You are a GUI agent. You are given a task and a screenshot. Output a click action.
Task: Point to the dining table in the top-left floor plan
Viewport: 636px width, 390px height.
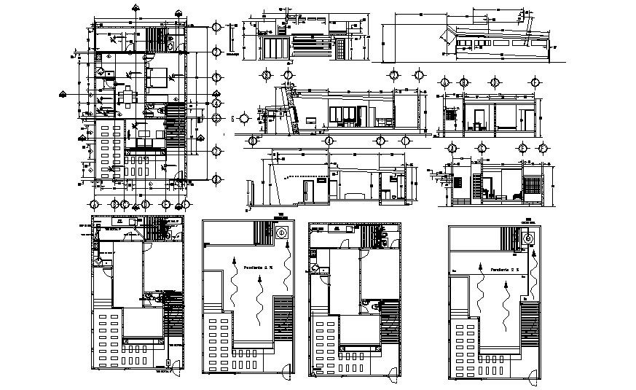pos(127,96)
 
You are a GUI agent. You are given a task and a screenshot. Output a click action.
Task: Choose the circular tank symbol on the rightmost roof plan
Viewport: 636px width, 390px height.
pos(530,237)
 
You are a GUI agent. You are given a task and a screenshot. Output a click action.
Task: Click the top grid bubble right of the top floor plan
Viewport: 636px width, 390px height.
pos(216,27)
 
